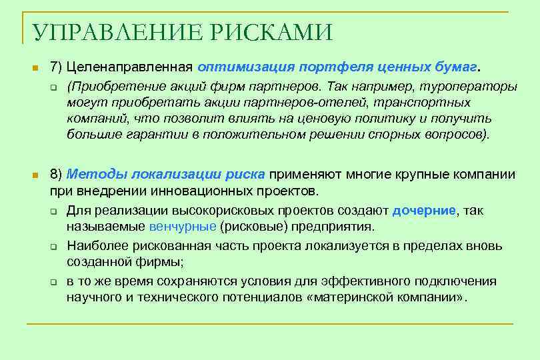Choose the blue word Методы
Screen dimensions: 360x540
point(97,175)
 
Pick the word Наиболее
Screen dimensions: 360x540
point(94,246)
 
